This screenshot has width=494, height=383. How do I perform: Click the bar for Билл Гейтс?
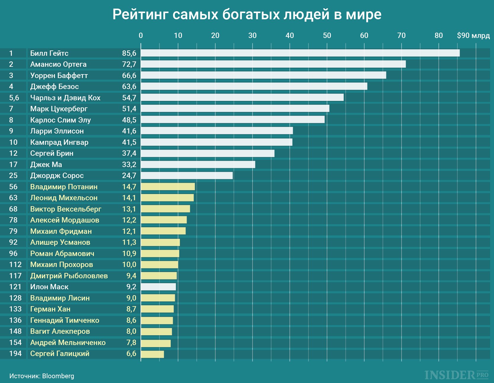[x=300, y=53]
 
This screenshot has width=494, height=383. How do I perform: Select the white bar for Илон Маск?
[x=158, y=287]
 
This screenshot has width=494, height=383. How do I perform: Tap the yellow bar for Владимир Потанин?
[x=168, y=187]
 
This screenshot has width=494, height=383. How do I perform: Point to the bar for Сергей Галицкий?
[x=152, y=354]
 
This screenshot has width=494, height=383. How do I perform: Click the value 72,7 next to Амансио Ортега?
[x=129, y=64]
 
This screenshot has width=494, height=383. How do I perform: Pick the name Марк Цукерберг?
[x=59, y=109]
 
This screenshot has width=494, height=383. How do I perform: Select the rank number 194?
[x=15, y=354]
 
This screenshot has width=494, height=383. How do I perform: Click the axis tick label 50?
[x=327, y=36]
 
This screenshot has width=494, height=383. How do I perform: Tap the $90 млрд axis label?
[x=473, y=36]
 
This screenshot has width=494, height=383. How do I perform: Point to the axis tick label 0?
[x=141, y=36]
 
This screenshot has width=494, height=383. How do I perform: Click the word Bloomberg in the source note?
[x=58, y=376]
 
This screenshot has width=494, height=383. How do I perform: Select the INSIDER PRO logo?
[x=456, y=375]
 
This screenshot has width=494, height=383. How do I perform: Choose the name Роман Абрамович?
[x=62, y=254]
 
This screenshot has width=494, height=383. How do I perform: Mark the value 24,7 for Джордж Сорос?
[x=129, y=176]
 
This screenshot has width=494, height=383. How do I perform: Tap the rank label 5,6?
[x=14, y=98]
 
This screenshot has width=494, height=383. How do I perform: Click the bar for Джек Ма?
[x=198, y=164]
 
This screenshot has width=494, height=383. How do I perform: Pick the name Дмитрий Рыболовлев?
[x=69, y=276]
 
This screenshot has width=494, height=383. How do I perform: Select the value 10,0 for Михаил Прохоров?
[x=129, y=265]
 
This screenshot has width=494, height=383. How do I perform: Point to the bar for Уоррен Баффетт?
[x=263, y=75]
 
